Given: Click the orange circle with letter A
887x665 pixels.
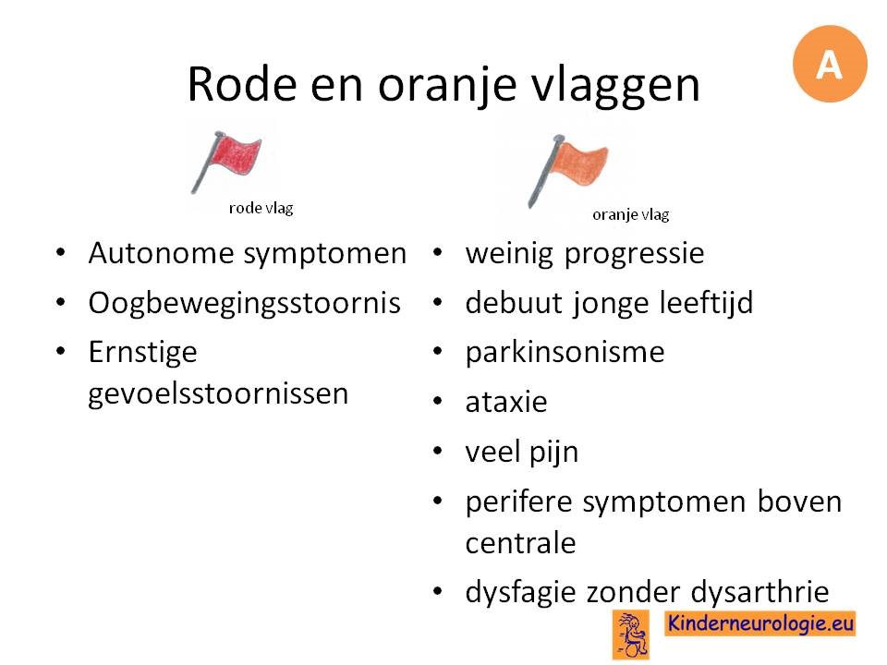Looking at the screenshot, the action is click(x=830, y=64).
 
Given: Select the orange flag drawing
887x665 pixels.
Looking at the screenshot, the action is click(x=567, y=170).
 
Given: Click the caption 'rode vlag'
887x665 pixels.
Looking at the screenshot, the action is click(x=261, y=208).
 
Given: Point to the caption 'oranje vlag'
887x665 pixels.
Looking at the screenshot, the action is click(x=631, y=215).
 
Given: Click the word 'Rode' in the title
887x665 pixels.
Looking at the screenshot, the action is click(x=242, y=84).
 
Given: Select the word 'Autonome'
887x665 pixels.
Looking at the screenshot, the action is click(x=161, y=253).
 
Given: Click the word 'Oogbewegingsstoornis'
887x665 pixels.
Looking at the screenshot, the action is click(x=244, y=304).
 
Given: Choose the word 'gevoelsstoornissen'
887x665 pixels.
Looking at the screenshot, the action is click(x=218, y=394).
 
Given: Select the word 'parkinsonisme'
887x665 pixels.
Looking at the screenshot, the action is click(x=565, y=352).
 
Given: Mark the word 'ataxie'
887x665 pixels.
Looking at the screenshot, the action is click(x=506, y=402).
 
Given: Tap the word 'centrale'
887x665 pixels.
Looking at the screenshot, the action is click(x=520, y=543).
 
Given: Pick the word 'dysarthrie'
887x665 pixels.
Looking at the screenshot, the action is click(x=759, y=593).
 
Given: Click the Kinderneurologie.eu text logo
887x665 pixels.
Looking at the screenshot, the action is click(x=760, y=623).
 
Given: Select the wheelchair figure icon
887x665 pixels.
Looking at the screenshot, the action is click(x=631, y=635).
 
